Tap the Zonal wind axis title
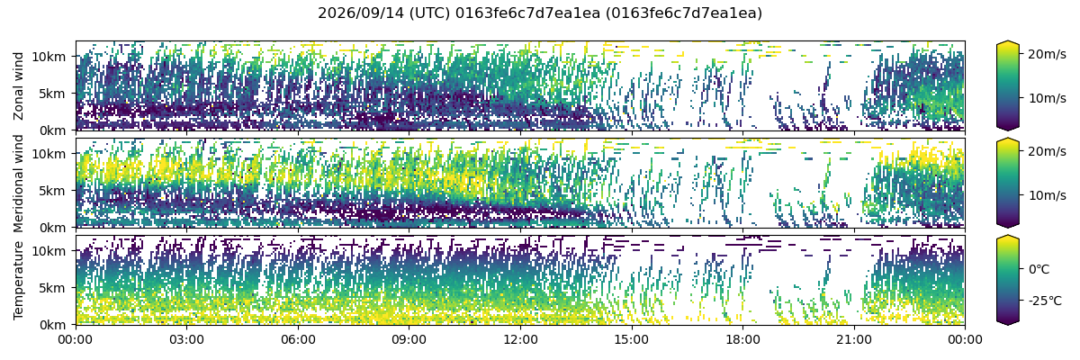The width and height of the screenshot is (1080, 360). click(18, 86)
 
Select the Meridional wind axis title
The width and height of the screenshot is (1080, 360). click(18, 184)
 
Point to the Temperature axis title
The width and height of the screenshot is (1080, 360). click(18, 281)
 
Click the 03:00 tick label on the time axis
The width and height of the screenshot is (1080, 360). click(187, 340)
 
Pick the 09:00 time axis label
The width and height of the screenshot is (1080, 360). click(409, 340)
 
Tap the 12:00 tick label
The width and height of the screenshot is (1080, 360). click(521, 340)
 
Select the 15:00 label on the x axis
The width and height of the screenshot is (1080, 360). click(632, 340)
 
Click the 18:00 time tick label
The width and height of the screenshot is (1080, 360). click(743, 340)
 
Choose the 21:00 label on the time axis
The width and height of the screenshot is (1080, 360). click(854, 340)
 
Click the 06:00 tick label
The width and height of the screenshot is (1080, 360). click(299, 340)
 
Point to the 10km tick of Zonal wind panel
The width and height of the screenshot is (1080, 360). click(49, 57)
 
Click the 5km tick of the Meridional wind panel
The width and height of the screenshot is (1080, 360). click(52, 191)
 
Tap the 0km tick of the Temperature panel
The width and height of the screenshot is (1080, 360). click(52, 325)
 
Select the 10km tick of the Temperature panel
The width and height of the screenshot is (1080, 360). click(49, 251)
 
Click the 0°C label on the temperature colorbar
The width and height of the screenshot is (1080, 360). click(1039, 269)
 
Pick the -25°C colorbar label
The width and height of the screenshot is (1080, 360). click(1045, 301)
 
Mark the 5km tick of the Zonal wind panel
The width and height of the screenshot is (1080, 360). click(52, 94)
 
